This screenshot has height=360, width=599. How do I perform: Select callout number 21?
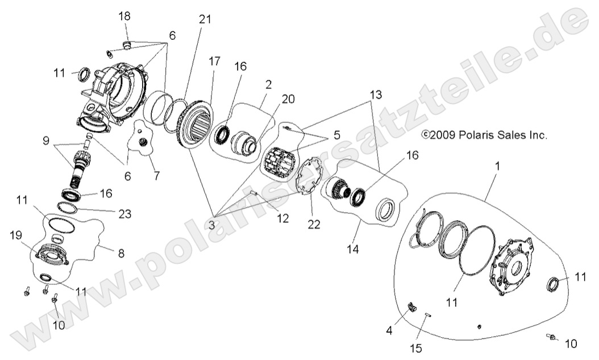[205, 19]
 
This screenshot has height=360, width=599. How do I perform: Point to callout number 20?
[288, 98]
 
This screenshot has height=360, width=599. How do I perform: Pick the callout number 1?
[498, 167]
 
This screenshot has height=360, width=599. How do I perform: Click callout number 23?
[125, 214]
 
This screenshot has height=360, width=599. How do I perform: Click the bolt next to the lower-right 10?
[551, 337]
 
